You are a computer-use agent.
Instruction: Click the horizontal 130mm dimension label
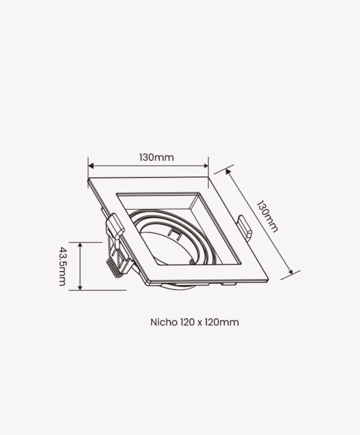click(157, 157)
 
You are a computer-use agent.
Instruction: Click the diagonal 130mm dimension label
click(267, 217)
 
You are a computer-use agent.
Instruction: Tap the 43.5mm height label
click(62, 266)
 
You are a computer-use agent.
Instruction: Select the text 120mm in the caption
click(222, 322)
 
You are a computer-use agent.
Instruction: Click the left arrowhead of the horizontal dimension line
click(91, 166)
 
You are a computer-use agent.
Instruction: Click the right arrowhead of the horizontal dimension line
click(206, 166)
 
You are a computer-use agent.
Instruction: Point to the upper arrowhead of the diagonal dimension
click(228, 172)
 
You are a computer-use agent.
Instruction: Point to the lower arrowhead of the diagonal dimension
click(290, 272)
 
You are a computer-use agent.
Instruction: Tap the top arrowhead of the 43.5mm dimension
click(80, 245)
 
